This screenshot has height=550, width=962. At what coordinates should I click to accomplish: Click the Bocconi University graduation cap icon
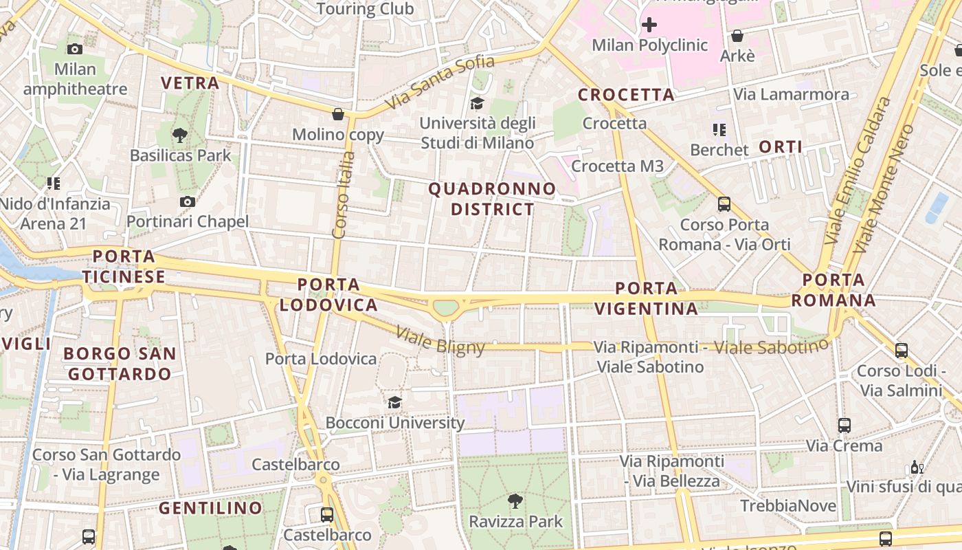tap(394, 402)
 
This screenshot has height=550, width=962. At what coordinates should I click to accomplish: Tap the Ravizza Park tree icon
tap(515, 500)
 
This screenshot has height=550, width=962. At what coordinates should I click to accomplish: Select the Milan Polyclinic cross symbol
tap(649, 25)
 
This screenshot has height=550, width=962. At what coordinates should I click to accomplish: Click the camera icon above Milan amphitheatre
tap(75, 49)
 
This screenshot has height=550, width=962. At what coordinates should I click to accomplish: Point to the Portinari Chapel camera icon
tap(187, 201)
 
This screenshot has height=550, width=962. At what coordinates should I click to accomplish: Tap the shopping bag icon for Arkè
tap(737, 35)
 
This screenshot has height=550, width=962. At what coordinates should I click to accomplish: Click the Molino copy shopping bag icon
tap(338, 113)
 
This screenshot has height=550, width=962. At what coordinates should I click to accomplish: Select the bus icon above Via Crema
tap(844, 425)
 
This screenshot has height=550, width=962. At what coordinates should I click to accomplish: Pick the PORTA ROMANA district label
tap(834, 290)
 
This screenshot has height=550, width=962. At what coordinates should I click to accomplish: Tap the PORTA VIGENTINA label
tap(647, 298)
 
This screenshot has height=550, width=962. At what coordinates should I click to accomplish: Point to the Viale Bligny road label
tap(440, 340)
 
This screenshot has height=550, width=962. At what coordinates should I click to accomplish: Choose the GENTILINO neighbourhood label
tap(210, 508)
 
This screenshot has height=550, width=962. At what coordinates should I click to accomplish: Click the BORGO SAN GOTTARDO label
tap(120, 364)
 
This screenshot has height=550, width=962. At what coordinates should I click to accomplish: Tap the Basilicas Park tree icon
tap(180, 135)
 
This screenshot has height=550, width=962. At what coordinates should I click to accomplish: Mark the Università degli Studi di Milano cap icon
tap(477, 103)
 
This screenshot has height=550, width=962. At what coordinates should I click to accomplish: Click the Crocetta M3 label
tap(617, 166)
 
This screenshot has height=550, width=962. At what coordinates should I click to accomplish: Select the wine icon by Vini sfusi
tap(917, 467)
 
